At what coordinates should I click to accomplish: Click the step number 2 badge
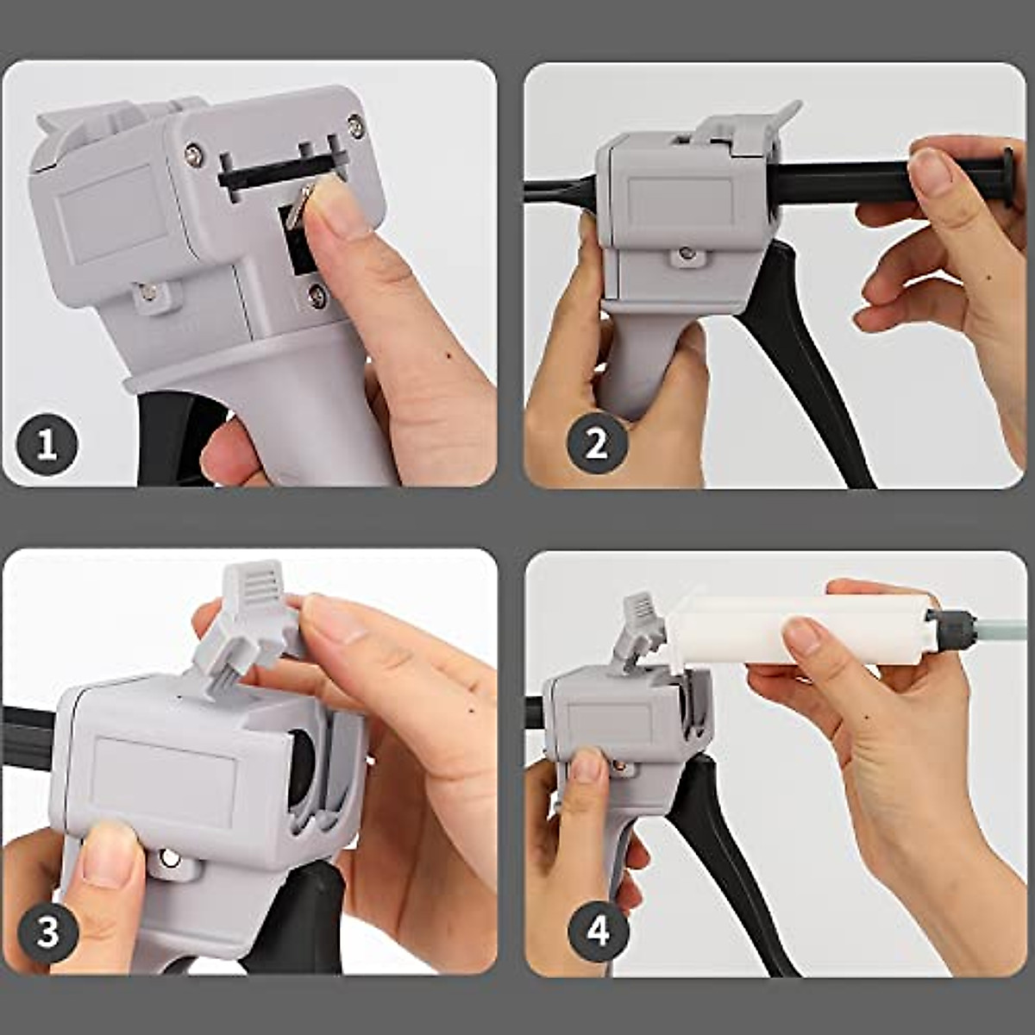pos(596,445)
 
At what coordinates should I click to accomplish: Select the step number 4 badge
pos(598,931)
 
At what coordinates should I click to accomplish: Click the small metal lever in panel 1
pos(298,206)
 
